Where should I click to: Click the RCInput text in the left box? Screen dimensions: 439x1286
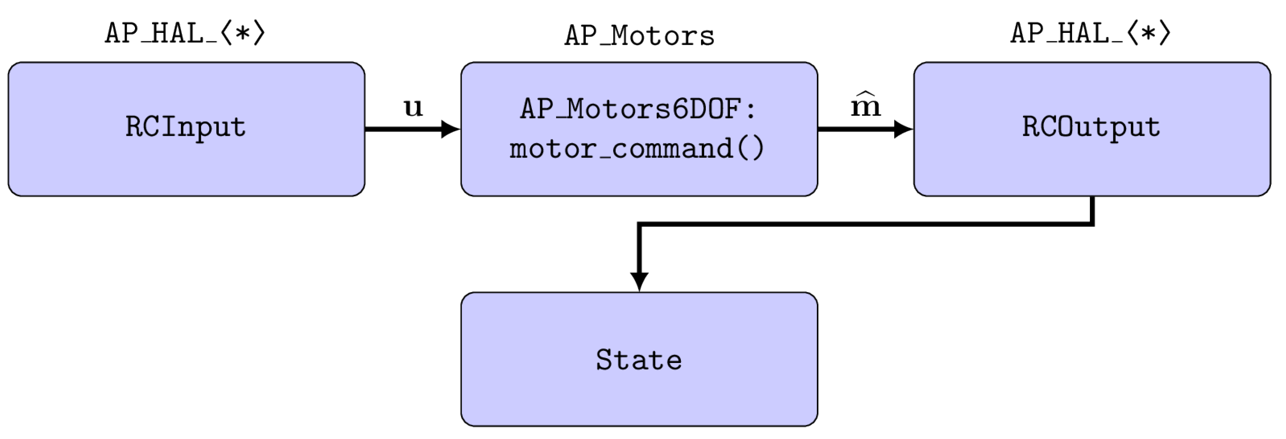click(x=185, y=127)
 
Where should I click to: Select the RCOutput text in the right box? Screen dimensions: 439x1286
click(x=1091, y=127)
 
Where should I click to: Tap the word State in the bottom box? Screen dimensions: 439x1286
click(x=638, y=360)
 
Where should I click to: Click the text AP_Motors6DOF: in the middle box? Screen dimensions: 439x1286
click(x=638, y=109)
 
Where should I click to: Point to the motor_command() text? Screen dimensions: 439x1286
click(x=636, y=149)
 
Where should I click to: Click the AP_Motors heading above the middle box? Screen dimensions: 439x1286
click(x=639, y=36)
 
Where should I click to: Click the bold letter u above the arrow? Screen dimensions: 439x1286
click(x=413, y=107)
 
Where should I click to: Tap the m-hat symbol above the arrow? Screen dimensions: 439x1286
click(x=866, y=106)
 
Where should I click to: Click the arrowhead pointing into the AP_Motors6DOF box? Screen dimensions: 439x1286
click(x=451, y=129)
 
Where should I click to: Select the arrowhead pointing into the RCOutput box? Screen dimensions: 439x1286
click(x=903, y=129)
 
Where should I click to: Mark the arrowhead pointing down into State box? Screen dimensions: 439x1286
click(x=639, y=281)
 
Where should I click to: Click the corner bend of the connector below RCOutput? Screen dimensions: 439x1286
click(x=1092, y=224)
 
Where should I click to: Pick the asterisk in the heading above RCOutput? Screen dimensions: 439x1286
click(x=1148, y=34)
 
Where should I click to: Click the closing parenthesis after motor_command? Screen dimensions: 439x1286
click(x=757, y=149)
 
